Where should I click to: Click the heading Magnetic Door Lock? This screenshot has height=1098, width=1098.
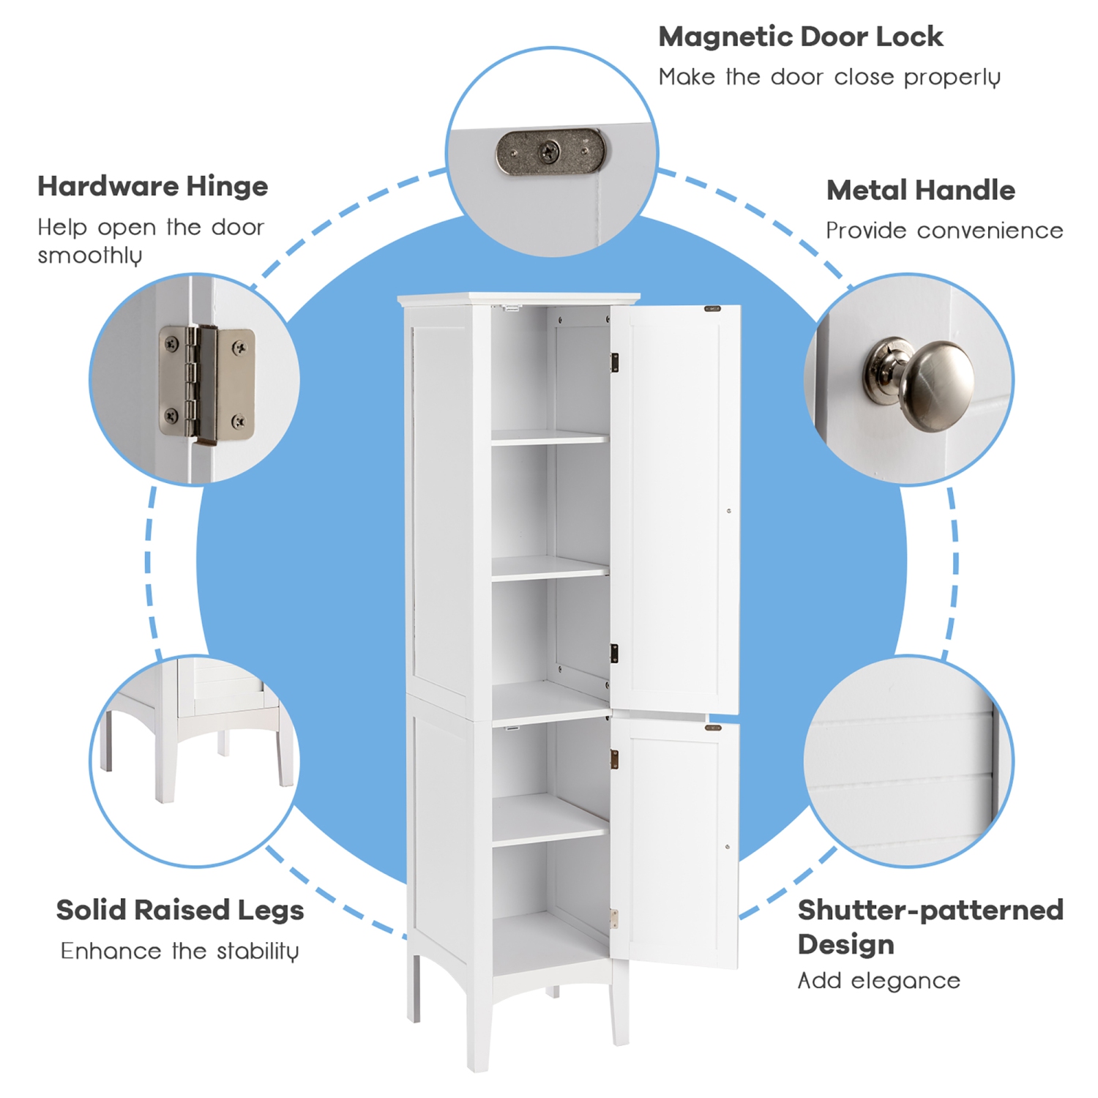pos(800,37)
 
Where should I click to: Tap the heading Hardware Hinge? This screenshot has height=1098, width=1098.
pos(152,186)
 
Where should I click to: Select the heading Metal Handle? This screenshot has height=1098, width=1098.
pos(920,190)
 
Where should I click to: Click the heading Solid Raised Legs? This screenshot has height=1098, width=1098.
pos(179,910)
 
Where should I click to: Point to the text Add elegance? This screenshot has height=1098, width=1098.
pos(878,980)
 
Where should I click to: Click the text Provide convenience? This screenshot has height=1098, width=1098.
pos(944,231)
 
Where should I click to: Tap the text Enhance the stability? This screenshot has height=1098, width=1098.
pos(179,951)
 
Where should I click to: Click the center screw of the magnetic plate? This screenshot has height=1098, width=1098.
pos(549,152)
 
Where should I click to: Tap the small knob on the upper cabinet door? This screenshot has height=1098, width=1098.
pos(728,511)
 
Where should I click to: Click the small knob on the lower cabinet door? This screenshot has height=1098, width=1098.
pos(727,847)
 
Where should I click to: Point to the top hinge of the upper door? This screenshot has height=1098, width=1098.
pos(615,362)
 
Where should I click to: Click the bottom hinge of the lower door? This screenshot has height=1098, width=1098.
pos(614,919)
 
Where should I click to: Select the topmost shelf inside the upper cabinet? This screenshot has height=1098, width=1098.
pos(549,438)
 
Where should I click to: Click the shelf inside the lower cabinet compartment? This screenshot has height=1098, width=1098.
pos(549,820)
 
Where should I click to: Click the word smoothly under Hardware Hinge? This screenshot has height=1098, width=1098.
pos(89,255)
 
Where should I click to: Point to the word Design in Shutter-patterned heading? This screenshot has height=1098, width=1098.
pos(845,944)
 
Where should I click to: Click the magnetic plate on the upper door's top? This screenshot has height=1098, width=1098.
pos(712,309)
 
